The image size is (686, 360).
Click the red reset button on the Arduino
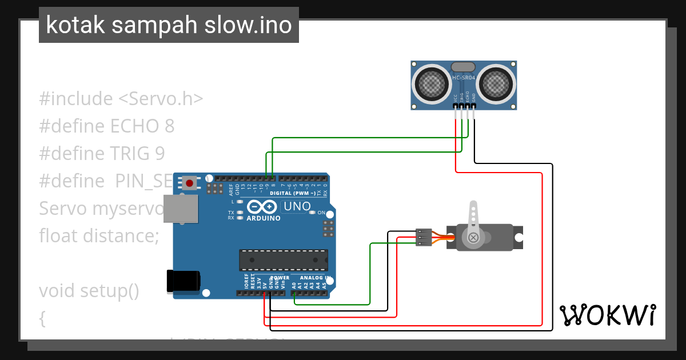coord(189,183)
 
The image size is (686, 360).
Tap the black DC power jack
coord(182,280)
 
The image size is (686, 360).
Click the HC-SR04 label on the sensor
coord(464,78)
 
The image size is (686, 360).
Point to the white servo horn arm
coord(473,220)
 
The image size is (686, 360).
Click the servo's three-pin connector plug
coord(423,237)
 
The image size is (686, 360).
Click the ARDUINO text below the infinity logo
coord(264,218)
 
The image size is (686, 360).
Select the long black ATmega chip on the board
coord(284,261)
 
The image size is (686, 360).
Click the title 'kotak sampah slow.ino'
coord(169,26)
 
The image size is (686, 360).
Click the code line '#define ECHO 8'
coord(107,126)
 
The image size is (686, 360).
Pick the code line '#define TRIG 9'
coord(102,153)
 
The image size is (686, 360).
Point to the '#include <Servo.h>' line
coord(121,98)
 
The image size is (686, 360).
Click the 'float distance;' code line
coord(99,235)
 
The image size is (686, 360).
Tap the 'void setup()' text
coord(89,290)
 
